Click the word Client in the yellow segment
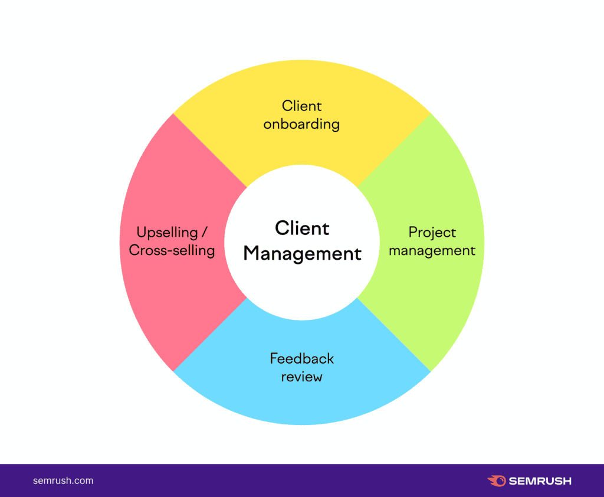click(301, 106)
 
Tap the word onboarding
click(301, 124)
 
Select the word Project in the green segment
click(432, 233)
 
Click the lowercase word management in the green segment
click(432, 251)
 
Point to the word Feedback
click(301, 358)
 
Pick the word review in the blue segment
click(301, 377)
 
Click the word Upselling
click(167, 233)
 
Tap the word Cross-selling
click(172, 251)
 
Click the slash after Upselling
click(204, 232)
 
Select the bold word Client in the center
click(302, 228)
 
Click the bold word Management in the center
click(303, 254)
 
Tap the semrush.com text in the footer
click(63, 481)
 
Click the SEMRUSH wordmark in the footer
click(540, 481)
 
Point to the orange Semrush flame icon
click(497, 481)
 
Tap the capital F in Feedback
click(274, 358)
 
